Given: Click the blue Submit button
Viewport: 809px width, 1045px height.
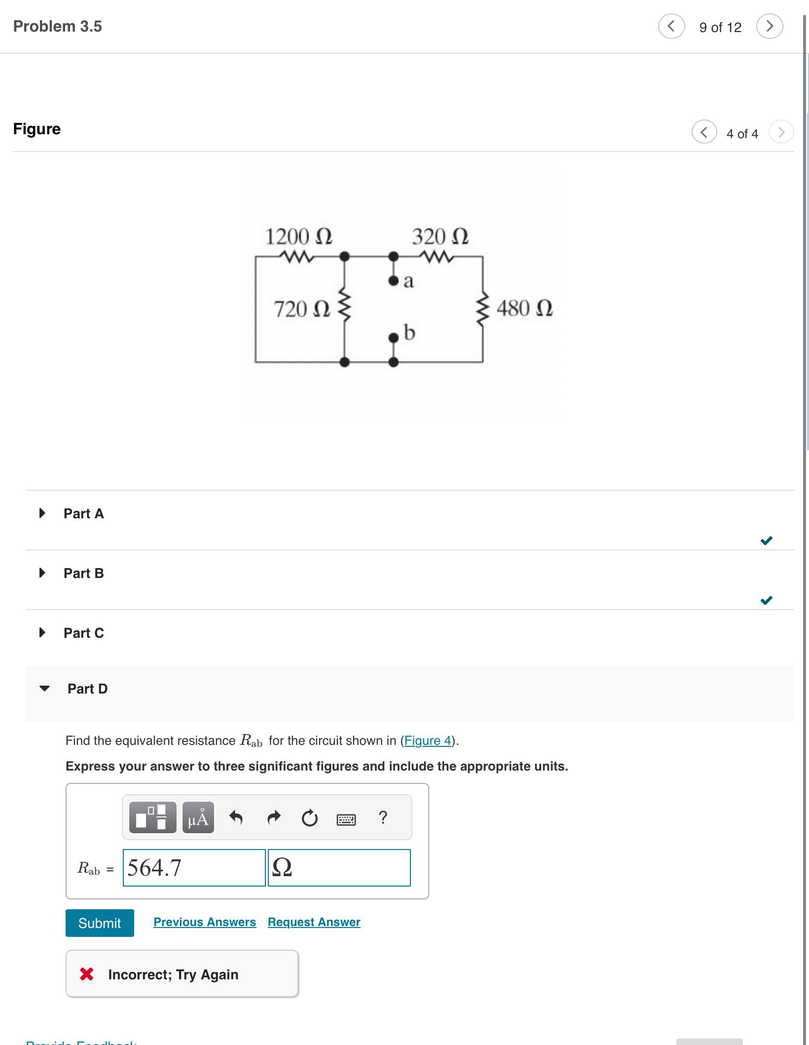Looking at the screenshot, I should pyautogui.click(x=100, y=923).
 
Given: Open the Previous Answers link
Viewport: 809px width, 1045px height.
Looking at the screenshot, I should pyautogui.click(x=205, y=922).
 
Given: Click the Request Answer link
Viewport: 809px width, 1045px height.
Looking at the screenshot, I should pyautogui.click(x=314, y=922).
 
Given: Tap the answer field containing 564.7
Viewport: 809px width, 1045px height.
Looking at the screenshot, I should pyautogui.click(x=194, y=867).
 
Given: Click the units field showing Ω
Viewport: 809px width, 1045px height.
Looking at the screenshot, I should pyautogui.click(x=339, y=867).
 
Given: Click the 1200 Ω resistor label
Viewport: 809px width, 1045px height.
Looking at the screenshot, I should pyautogui.click(x=298, y=236).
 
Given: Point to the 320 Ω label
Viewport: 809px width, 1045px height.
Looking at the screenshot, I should pyautogui.click(x=440, y=236).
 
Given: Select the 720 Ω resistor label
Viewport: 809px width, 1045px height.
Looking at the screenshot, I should pyautogui.click(x=302, y=309).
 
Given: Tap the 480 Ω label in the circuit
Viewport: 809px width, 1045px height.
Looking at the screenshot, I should pyautogui.click(x=524, y=308).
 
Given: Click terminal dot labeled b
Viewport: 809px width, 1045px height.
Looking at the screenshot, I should pyautogui.click(x=393, y=338).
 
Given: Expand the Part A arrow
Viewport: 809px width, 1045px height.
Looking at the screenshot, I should pyautogui.click(x=42, y=513).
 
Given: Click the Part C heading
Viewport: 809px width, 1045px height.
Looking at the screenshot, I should pyautogui.click(x=84, y=633).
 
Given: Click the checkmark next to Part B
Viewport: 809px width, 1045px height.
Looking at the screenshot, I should pyautogui.click(x=766, y=600).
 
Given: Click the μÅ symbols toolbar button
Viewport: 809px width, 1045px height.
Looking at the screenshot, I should pyautogui.click(x=198, y=818).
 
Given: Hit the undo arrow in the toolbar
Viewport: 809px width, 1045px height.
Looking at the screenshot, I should pyautogui.click(x=236, y=818).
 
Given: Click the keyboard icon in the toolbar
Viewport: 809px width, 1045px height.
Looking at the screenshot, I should pyautogui.click(x=346, y=820).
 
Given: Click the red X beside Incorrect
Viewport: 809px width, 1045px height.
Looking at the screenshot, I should pyautogui.click(x=87, y=974).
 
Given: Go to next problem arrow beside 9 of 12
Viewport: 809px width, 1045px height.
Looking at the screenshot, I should pyautogui.click(x=769, y=27).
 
